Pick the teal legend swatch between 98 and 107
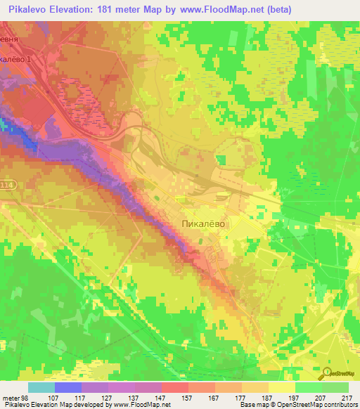coord(41,387)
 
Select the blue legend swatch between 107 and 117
coord(67,387)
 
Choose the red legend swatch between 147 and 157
coord(174,387)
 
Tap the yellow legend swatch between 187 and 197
coord(281,387)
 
